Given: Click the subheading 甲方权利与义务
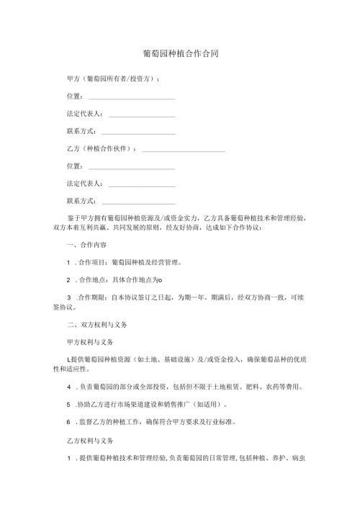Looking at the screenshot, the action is pyautogui.click(x=90, y=341).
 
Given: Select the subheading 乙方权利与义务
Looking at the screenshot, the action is pyautogui.click(x=90, y=438).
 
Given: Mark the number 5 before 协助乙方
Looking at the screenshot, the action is pyautogui.click(x=68, y=405).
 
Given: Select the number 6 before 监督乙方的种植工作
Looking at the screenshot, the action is pyautogui.click(x=68, y=422).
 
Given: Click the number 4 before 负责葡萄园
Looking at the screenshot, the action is pyautogui.click(x=68, y=387).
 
